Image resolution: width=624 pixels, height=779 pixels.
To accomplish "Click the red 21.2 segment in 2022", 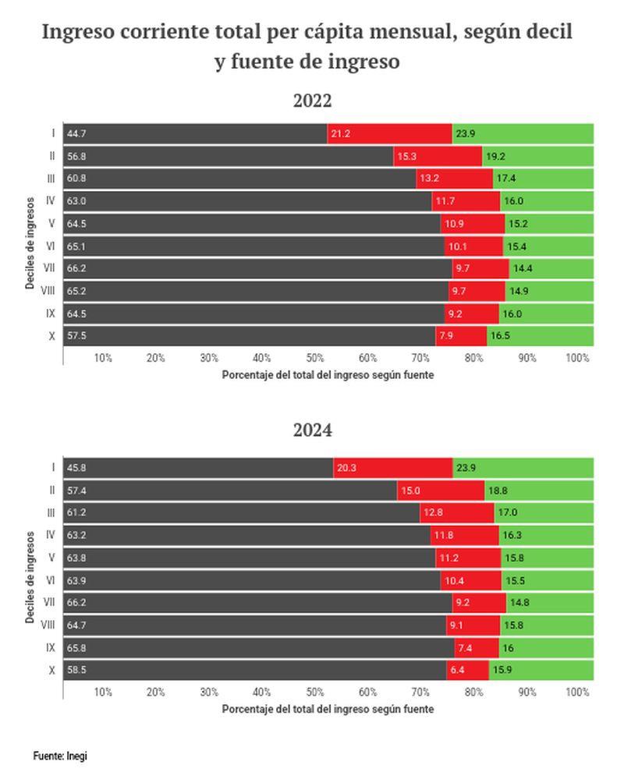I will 389,134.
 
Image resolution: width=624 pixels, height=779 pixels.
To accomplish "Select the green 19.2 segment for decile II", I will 537,157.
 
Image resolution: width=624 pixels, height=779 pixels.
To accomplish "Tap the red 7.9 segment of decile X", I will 461,337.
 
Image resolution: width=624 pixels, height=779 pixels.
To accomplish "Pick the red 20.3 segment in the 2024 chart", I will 392,468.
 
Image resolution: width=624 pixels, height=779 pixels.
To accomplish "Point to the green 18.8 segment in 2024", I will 539,490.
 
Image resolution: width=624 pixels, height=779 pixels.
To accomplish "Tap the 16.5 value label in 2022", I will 500,337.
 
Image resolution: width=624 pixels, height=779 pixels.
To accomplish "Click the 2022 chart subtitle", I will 312,101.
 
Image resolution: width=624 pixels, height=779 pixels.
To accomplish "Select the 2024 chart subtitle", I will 312,430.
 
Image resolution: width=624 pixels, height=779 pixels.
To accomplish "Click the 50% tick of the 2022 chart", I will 315,358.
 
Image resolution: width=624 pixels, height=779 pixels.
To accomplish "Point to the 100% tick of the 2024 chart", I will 577,692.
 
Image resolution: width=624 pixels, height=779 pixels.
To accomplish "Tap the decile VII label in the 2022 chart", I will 49,269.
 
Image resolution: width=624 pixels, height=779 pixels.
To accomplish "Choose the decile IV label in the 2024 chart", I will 50,535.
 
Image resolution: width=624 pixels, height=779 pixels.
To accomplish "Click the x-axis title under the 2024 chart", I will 328,709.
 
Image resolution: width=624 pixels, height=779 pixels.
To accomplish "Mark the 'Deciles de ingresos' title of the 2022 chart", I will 30,242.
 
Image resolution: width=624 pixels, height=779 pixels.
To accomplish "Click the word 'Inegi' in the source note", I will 76,756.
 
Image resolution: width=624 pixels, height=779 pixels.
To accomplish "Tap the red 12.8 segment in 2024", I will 456,512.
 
